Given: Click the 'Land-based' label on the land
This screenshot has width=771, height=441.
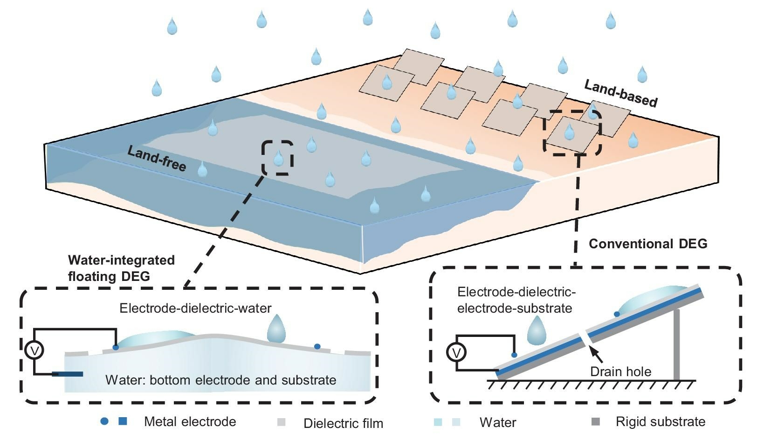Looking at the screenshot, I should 620,93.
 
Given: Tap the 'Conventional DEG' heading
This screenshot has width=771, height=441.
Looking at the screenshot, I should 647,244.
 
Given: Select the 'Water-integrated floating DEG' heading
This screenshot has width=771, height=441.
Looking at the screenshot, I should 121,268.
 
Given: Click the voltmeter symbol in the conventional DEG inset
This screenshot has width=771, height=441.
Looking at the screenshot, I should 456,352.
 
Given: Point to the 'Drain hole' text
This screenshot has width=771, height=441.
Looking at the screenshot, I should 620,371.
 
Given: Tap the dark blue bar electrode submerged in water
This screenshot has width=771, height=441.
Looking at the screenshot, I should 68,374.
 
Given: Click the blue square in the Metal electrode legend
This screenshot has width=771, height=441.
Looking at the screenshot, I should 123,421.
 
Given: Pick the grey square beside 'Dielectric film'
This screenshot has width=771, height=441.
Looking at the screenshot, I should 281,422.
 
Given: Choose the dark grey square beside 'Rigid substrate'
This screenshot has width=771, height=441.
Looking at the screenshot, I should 595,422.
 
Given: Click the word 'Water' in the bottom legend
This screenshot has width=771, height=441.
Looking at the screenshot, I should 497,423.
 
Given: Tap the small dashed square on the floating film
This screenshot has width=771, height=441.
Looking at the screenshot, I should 277,158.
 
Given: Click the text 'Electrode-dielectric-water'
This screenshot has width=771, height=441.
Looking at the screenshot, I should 195,308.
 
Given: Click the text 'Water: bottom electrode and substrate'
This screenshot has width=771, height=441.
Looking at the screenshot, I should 220,380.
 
